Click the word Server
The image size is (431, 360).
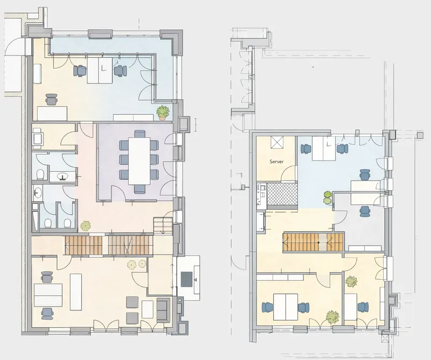click(277, 161)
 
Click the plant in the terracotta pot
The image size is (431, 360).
click(163, 112)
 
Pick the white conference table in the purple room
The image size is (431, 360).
click(138, 160)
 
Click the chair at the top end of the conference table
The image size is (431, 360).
click(140, 135)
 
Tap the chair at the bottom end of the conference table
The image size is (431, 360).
click(140, 188)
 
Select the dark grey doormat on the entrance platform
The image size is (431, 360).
click(187, 279)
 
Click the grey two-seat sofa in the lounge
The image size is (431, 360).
click(162, 309)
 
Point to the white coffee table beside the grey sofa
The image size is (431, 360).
click(147, 309)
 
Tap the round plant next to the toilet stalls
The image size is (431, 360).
click(85, 225)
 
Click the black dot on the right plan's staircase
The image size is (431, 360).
click(318, 243)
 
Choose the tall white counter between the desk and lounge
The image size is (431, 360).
click(76, 292)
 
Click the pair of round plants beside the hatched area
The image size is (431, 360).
click(327, 197)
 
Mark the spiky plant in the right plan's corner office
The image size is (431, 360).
click(352, 281)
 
